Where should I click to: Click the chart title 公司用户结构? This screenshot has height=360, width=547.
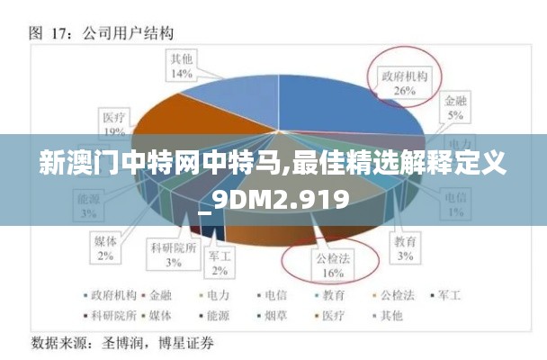128,33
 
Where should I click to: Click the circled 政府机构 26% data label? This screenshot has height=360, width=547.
404,83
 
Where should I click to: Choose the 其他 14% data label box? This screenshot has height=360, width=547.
182,67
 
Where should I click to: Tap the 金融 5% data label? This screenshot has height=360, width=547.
456,111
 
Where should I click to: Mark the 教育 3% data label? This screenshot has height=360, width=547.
406,248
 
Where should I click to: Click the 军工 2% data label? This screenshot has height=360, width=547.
220,263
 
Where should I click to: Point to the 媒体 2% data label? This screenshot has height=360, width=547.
105,248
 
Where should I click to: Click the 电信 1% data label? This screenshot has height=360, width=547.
456,204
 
